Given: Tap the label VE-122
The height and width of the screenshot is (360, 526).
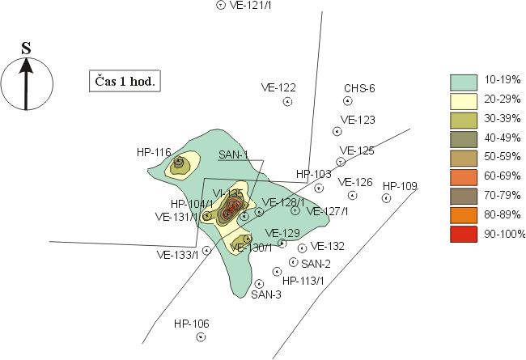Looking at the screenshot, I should click(x=278, y=87).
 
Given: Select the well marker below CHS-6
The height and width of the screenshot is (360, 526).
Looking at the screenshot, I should click(x=348, y=101).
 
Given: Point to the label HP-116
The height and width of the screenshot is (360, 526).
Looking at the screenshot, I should click(x=154, y=151).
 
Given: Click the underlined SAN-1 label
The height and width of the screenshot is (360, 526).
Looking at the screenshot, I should click(x=233, y=155).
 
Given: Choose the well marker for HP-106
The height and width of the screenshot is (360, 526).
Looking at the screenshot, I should click(x=201, y=335).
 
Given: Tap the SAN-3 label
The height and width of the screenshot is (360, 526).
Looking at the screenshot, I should click(x=266, y=294).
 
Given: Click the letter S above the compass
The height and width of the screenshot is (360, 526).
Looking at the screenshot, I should click(x=26, y=49).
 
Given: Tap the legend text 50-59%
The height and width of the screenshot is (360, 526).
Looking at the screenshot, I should click(x=503, y=158).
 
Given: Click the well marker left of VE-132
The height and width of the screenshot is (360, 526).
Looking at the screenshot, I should click(x=302, y=248).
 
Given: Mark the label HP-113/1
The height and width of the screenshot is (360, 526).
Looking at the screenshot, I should click(x=303, y=281).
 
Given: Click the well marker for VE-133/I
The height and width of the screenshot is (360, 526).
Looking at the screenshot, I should click(x=206, y=251).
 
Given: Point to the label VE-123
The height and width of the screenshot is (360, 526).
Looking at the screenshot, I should click(x=358, y=120).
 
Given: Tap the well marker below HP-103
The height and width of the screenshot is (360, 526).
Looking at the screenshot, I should click(x=320, y=188).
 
